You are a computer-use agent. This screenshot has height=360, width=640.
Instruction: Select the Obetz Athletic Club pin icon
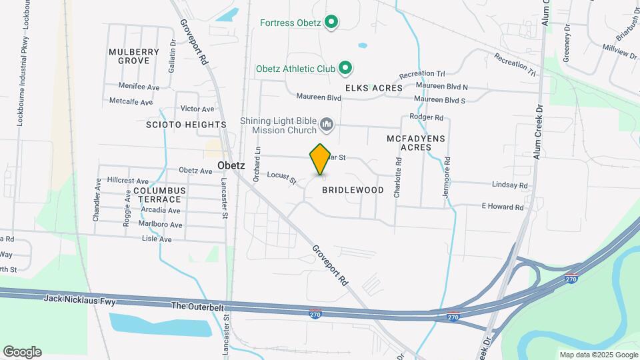coord(345,68)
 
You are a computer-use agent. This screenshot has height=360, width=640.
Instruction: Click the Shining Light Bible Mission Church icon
coord(327,125)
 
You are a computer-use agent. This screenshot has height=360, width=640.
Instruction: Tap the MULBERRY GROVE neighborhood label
coord(134,56)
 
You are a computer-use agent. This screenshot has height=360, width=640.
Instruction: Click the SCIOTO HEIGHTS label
coord(186,125)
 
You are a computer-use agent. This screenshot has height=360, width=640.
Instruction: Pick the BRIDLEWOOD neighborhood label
coord(353,190)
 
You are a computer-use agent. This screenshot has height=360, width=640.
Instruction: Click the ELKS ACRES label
coord(373,88)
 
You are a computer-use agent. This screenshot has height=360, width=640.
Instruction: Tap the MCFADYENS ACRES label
coord(415,143)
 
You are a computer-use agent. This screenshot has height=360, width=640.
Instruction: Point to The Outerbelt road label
coord(197,306)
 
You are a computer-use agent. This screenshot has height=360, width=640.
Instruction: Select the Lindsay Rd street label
coord(509,186)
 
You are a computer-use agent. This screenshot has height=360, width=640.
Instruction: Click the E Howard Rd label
coord(503,207)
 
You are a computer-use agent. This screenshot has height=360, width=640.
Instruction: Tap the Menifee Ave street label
coord(139,87)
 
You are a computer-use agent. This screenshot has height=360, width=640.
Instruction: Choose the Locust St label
coord(281,177)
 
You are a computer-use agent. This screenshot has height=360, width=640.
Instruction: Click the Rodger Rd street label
coord(426,117)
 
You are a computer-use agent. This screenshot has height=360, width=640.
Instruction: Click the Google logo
coord(22,352)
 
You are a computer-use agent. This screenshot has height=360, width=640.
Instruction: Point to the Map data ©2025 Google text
coord(598,355)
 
